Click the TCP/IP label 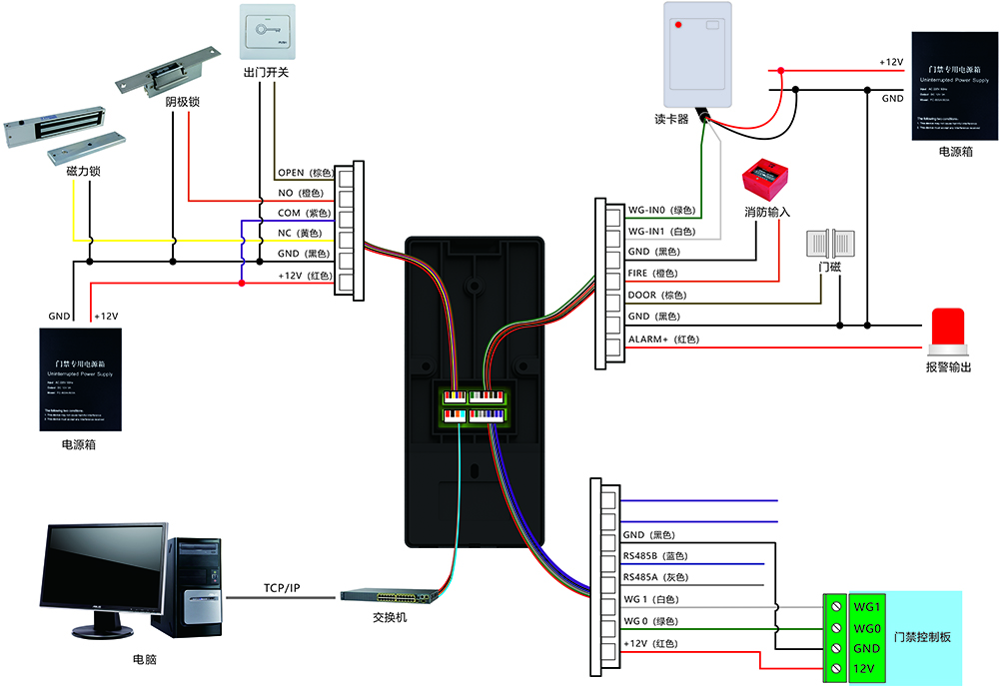click(x=282, y=587)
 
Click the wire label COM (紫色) click(x=302, y=213)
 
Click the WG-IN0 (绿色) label click(x=660, y=210)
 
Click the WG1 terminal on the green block click(x=866, y=606)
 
